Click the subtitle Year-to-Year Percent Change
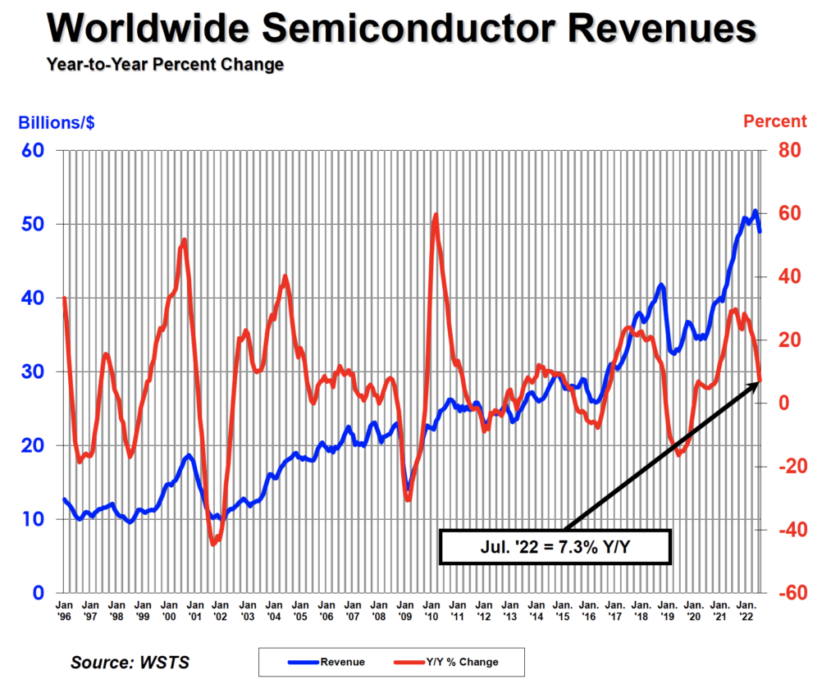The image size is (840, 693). coord(165,64)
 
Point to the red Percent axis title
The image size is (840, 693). coord(774,121)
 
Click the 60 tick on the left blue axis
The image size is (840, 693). coord(33,151)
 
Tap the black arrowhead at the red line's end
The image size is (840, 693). coord(754,385)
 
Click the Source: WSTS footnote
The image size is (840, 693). coord(130,662)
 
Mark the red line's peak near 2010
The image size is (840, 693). coord(436,215)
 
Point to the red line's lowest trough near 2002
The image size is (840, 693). coord(214,543)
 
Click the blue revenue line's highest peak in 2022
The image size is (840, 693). coord(755,212)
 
